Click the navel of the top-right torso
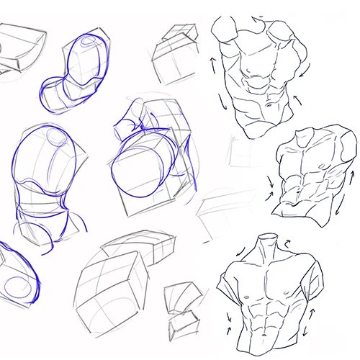(x=260, y=107)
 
